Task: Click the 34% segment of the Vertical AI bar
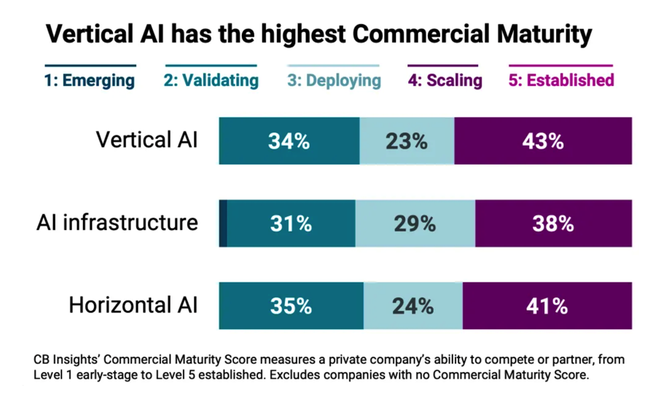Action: coord(289,141)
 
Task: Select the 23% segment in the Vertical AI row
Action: coord(407,141)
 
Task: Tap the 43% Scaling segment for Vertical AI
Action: coord(543,141)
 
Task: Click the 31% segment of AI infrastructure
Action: coord(292,224)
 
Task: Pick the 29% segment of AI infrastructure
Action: coord(415,224)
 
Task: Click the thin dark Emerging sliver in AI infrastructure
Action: coord(223,224)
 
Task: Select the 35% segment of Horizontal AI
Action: coord(291,306)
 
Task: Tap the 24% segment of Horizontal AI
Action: coord(413,306)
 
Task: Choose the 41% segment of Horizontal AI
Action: coord(547,306)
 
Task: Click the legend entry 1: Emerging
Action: coord(90,79)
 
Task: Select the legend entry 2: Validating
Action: coord(211,79)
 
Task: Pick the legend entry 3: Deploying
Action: coord(334,79)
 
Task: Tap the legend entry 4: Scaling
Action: coord(445,79)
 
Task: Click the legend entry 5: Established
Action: coord(561,79)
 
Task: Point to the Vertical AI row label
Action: coord(147,140)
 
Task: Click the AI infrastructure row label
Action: coord(117,222)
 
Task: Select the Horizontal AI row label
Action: coord(133,305)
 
